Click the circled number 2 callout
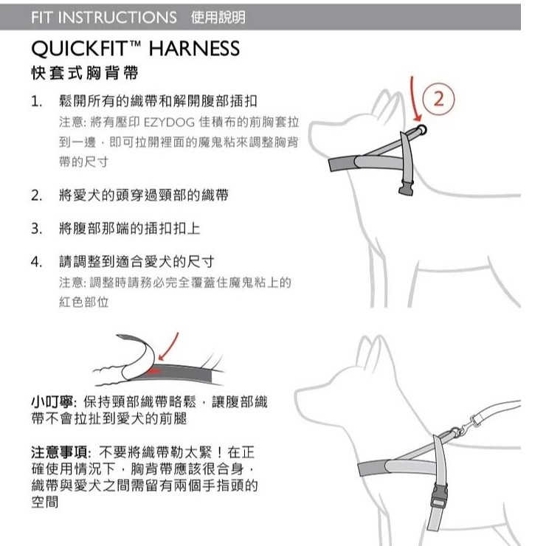pos(438,99)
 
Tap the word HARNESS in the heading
pos(194,49)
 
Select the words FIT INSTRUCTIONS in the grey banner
pos(104,18)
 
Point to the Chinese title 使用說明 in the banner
pos(218,17)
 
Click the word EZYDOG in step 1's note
pos(169,122)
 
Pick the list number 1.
pos(36,102)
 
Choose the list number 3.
pos(37,229)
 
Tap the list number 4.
pos(37,262)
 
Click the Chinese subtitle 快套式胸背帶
pos(85,73)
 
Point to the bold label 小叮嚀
pos(52,402)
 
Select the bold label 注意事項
pos(60,452)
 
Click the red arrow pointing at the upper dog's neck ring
pos(415,100)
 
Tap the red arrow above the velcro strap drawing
pos(169,346)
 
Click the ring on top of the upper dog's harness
pos(421,130)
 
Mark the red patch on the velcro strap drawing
pos(154,371)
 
